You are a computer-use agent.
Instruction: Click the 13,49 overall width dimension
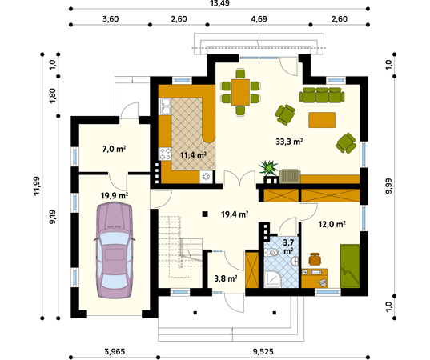[x=219, y=3]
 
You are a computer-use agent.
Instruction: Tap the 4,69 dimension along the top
[x=259, y=19]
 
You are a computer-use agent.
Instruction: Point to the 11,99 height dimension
[x=37, y=186]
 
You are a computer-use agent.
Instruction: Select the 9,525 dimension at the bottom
[x=263, y=351]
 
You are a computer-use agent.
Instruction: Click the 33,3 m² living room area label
[x=289, y=142]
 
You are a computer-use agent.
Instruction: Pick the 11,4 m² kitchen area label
[x=193, y=155]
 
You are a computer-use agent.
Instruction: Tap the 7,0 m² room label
[x=114, y=150]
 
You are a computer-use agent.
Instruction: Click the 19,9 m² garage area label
[x=115, y=196]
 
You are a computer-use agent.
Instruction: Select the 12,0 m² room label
[x=332, y=224]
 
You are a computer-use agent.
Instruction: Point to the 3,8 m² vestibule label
[x=226, y=278]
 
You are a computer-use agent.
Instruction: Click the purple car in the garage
[x=114, y=250]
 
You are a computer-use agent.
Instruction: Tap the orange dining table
[x=240, y=92]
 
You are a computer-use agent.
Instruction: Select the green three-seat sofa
[x=322, y=95]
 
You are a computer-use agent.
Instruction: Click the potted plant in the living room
[x=268, y=167]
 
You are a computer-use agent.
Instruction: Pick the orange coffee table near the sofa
[x=322, y=120]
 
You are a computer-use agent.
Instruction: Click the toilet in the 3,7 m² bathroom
[x=271, y=252]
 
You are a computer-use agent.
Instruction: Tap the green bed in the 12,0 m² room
[x=350, y=266]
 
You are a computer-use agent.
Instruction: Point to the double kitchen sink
[x=166, y=106]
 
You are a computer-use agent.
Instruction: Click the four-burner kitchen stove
[x=165, y=154]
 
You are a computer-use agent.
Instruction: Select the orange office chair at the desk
[x=315, y=259]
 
